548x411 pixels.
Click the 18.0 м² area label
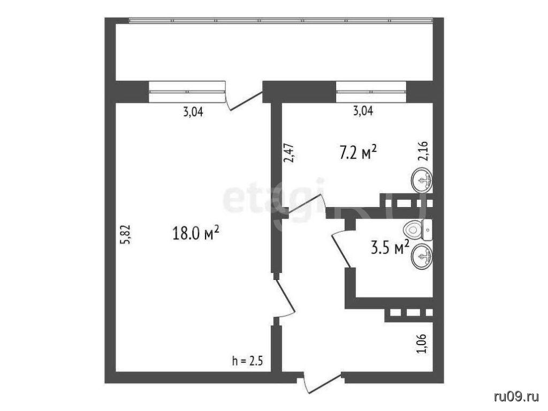[196, 233]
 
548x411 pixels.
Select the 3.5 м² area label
[390, 248]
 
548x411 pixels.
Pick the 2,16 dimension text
[423, 150]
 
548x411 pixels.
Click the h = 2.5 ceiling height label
[247, 360]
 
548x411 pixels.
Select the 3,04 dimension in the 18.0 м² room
[193, 112]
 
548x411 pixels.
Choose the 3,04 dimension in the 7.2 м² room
[363, 111]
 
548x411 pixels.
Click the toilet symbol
[417, 230]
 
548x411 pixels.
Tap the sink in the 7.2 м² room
[423, 180]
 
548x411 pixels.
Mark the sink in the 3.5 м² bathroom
[423, 257]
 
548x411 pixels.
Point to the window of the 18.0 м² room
[186, 92]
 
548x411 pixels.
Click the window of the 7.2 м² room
[371, 92]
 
